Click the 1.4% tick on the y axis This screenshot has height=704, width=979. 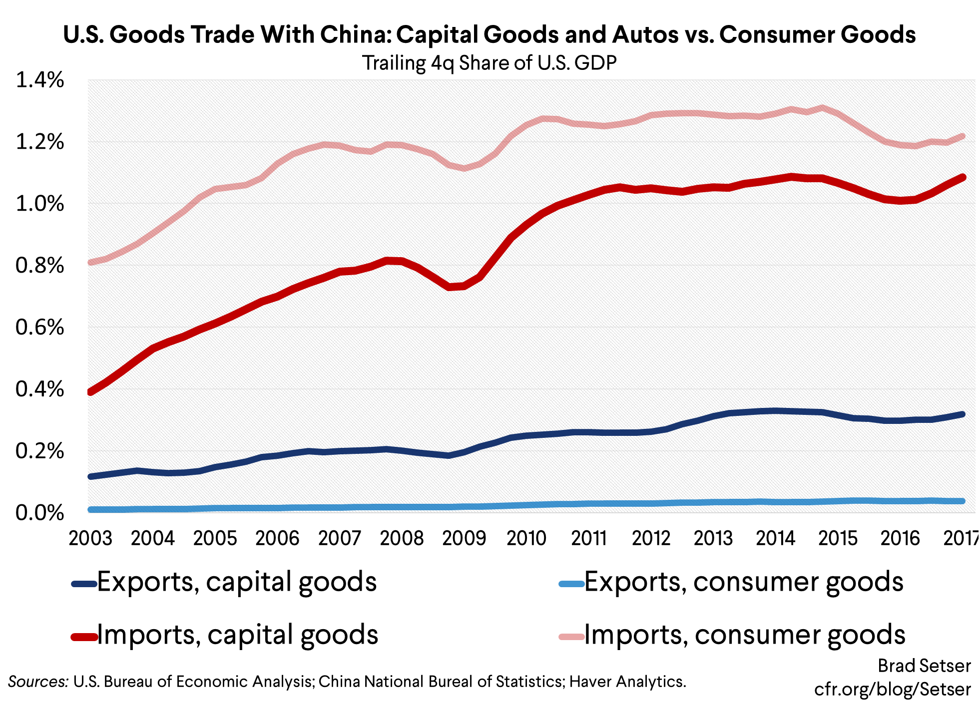[40, 80]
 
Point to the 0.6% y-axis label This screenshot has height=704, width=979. [40, 328]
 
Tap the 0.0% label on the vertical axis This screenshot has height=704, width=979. [40, 513]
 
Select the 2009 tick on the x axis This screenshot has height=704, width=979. [464, 538]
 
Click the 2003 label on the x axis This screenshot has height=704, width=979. [90, 538]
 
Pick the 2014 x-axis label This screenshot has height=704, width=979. [775, 538]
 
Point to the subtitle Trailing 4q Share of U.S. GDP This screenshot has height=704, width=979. [489, 63]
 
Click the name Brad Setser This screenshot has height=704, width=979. [924, 666]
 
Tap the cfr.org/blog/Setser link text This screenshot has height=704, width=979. [892, 690]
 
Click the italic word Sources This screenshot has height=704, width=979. [38, 682]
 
